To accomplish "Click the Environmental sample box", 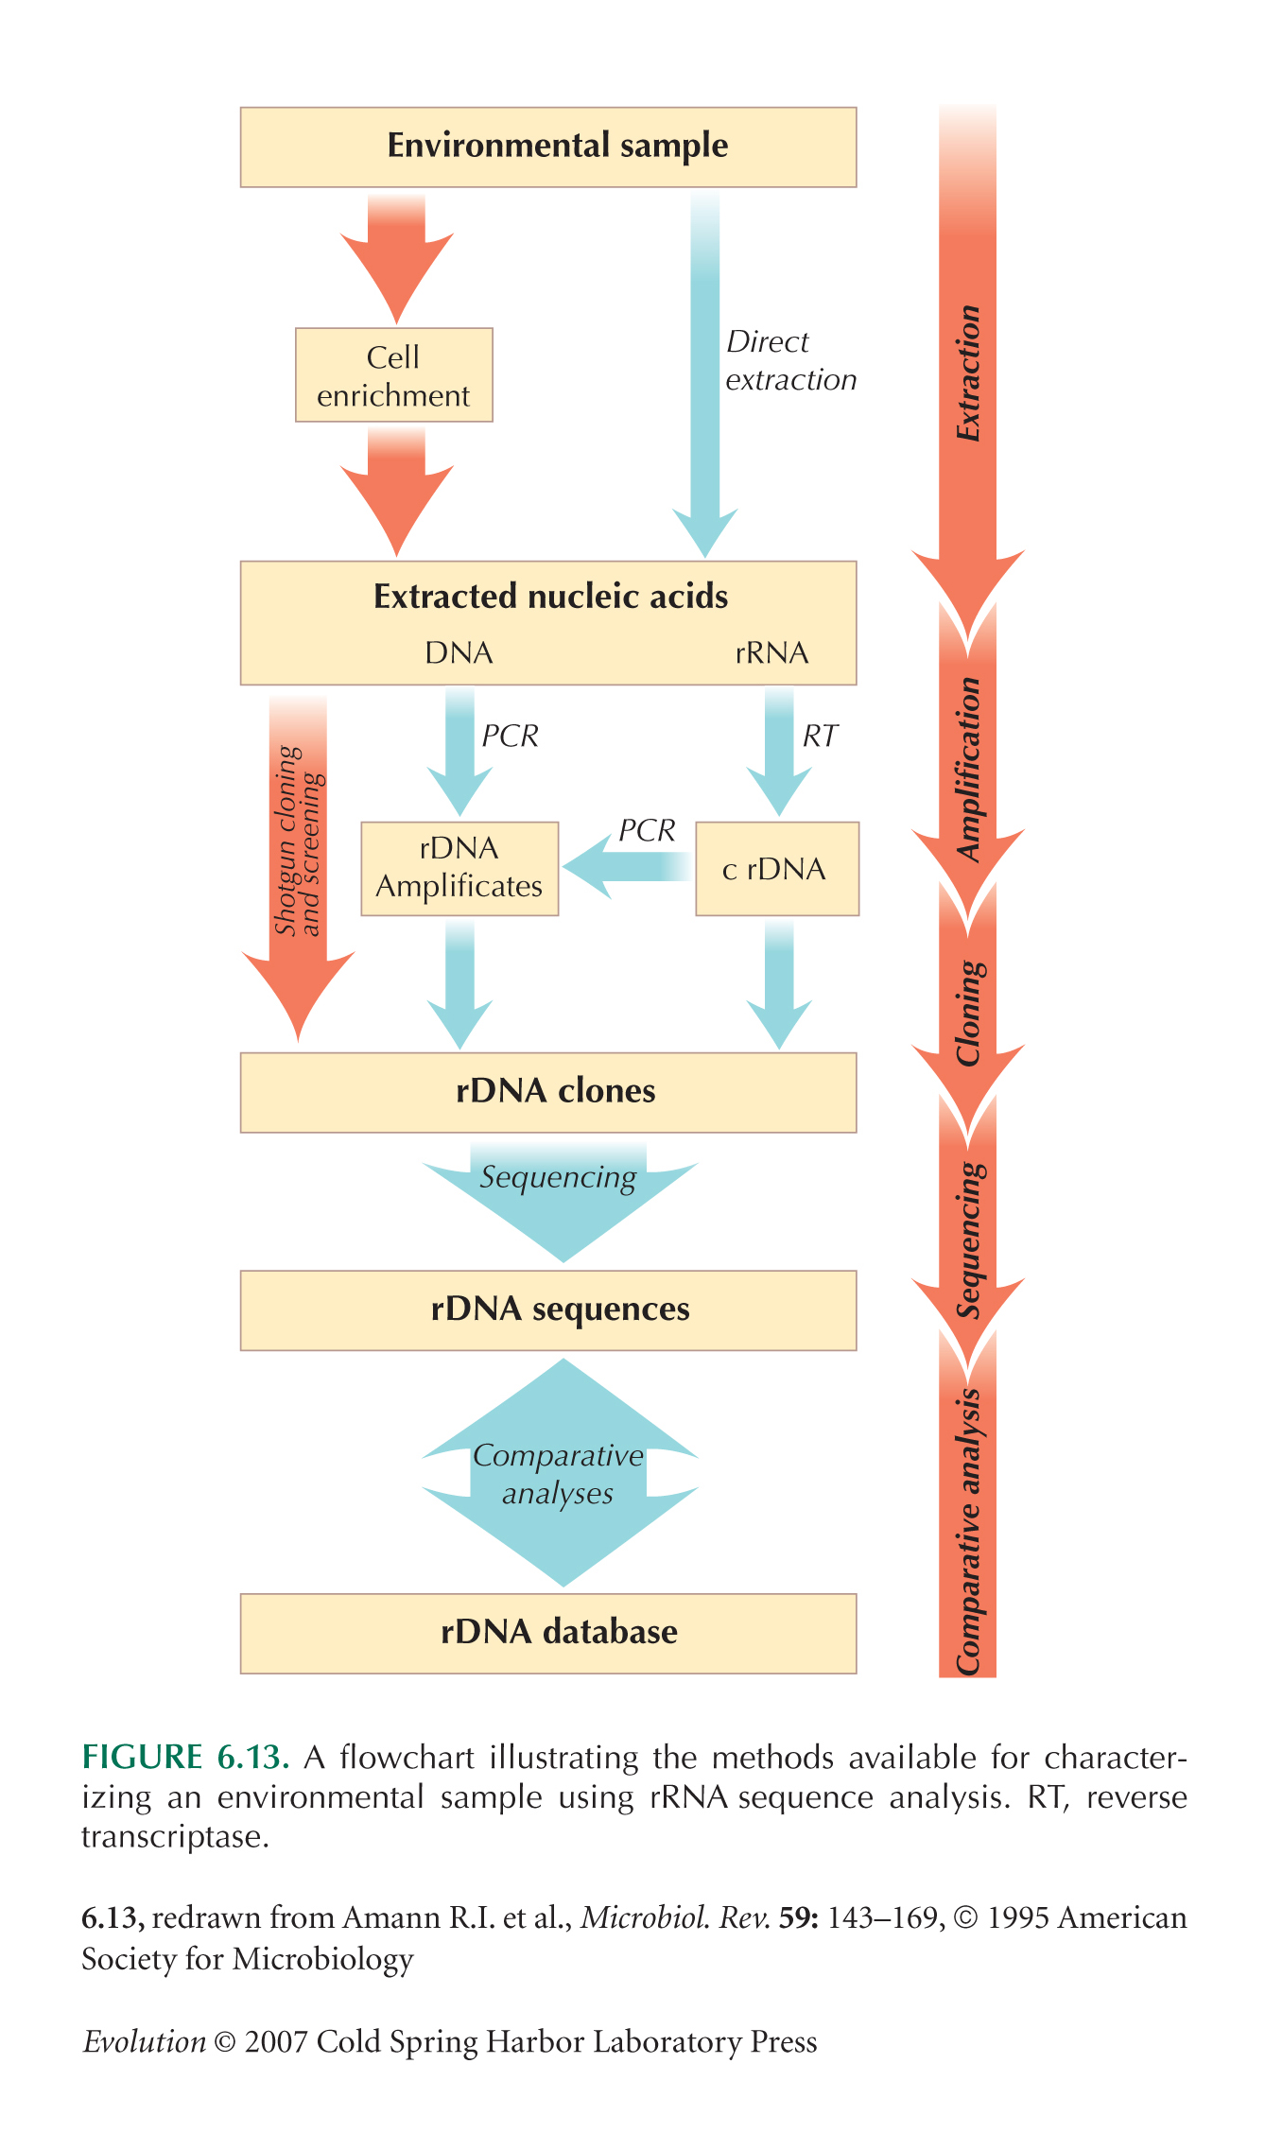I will (x=548, y=147).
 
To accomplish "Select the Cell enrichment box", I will (x=393, y=375).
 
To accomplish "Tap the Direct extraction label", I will (x=790, y=360).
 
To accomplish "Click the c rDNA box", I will (x=776, y=869).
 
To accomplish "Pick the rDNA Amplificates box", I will (x=459, y=868).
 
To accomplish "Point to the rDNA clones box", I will (x=548, y=1092).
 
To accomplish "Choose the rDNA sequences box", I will (x=548, y=1309).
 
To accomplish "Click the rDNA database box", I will (x=548, y=1633).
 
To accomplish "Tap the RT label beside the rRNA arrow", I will (x=820, y=736).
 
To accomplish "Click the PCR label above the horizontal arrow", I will (x=647, y=830).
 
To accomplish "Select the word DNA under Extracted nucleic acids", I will (x=459, y=653).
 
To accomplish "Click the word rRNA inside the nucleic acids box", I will (x=771, y=653).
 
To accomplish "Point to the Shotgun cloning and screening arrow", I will (x=298, y=851).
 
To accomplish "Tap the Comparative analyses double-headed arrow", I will (x=560, y=1474).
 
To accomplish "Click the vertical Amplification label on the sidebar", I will (x=968, y=769).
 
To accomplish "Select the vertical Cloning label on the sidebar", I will (x=968, y=1013).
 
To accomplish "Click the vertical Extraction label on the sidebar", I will (x=968, y=373).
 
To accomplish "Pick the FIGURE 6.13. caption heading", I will (x=185, y=1757).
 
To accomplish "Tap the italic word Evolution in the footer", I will (x=144, y=2041).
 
